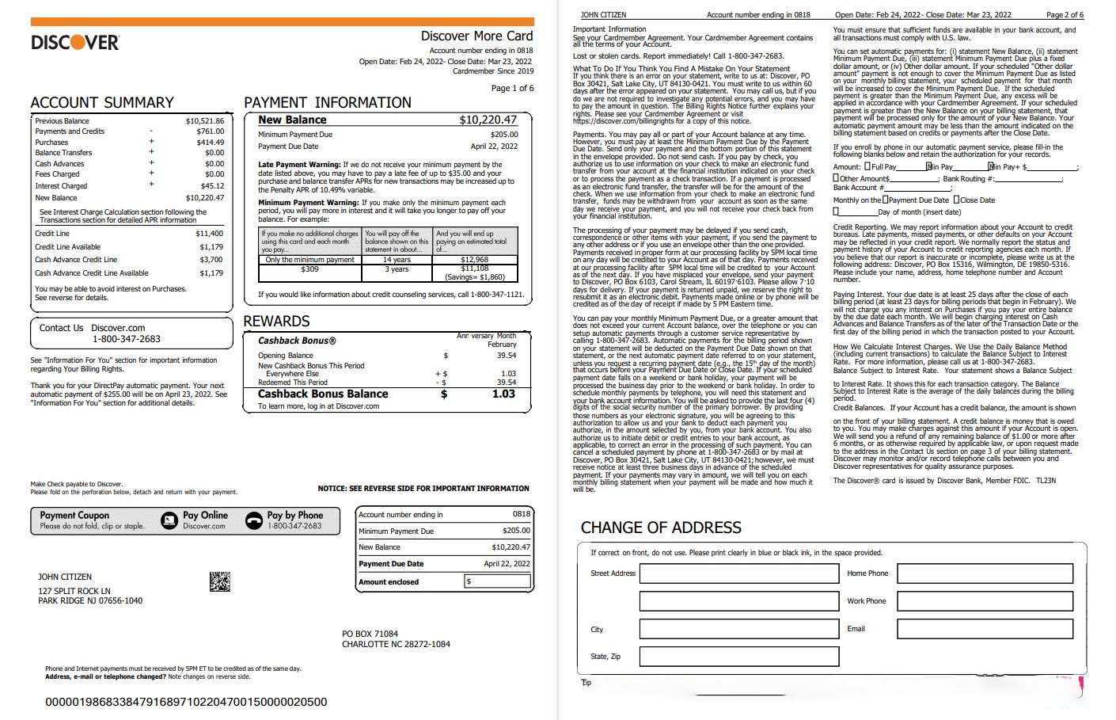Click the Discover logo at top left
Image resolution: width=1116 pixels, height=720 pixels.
(x=75, y=42)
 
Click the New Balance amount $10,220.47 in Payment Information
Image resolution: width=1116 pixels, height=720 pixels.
(x=488, y=120)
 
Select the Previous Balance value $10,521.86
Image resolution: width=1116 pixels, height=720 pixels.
(x=205, y=121)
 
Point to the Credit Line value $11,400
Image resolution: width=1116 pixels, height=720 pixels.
(x=209, y=234)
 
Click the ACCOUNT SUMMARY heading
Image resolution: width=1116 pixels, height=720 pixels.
(x=101, y=103)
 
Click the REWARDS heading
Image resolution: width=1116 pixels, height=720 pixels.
(x=276, y=322)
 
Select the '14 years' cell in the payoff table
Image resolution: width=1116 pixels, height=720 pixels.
(x=397, y=260)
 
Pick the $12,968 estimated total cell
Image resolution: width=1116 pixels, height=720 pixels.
(x=475, y=260)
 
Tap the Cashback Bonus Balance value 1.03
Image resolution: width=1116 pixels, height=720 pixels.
(x=503, y=394)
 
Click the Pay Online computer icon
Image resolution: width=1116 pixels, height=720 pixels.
(x=169, y=520)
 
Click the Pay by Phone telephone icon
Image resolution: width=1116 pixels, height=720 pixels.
(x=253, y=520)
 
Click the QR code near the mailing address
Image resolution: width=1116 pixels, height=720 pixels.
(x=220, y=581)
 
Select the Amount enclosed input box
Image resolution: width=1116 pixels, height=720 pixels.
(x=498, y=581)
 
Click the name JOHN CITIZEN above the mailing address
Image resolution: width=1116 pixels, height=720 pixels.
(x=65, y=577)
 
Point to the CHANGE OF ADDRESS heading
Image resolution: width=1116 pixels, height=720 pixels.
(x=661, y=528)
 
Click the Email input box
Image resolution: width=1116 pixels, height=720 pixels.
(x=985, y=629)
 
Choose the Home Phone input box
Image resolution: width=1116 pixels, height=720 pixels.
(x=985, y=573)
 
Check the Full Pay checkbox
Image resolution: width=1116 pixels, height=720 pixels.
(x=867, y=167)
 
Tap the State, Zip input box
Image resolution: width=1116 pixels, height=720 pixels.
(x=738, y=657)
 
